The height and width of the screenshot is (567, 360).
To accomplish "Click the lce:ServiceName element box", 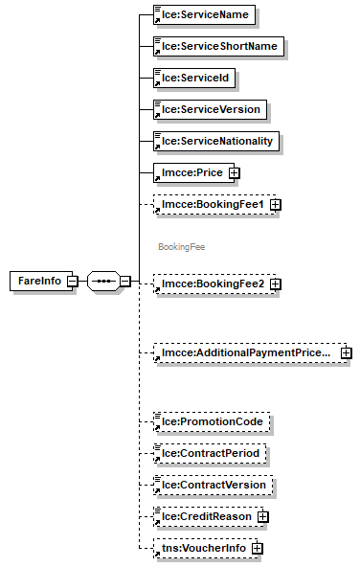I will (205, 15).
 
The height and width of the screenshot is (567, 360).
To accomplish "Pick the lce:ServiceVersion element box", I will (211, 109).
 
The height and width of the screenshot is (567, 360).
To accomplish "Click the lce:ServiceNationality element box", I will (216, 141).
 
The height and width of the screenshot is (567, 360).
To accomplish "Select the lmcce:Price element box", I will (188, 172).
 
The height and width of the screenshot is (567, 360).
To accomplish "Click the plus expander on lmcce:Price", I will (232, 173).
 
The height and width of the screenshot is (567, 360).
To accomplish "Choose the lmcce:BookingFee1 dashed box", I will (209, 204).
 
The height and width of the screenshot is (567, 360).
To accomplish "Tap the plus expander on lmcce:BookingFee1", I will (275, 205).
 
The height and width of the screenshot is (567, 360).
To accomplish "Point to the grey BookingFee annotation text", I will (182, 246).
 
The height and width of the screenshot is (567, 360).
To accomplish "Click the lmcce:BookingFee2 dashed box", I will (209, 284).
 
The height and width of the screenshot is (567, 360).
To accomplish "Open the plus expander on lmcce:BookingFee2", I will (275, 284).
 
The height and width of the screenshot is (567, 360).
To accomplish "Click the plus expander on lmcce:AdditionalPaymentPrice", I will (346, 353).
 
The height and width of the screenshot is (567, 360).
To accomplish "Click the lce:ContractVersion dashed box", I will (214, 485).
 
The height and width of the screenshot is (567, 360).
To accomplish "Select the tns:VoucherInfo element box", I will (199, 549).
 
